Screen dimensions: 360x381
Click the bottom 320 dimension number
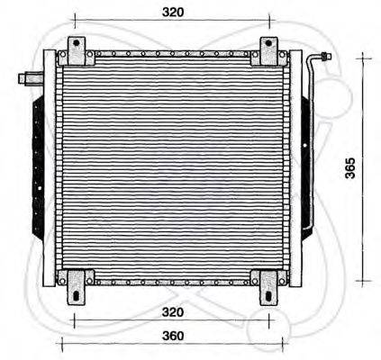[x=173, y=312]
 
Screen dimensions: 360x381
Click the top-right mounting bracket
[x=268, y=52]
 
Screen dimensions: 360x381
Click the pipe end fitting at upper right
[x=322, y=58]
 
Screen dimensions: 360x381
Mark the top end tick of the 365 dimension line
[x=364, y=56]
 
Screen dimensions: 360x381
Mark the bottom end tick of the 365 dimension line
[x=364, y=281]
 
